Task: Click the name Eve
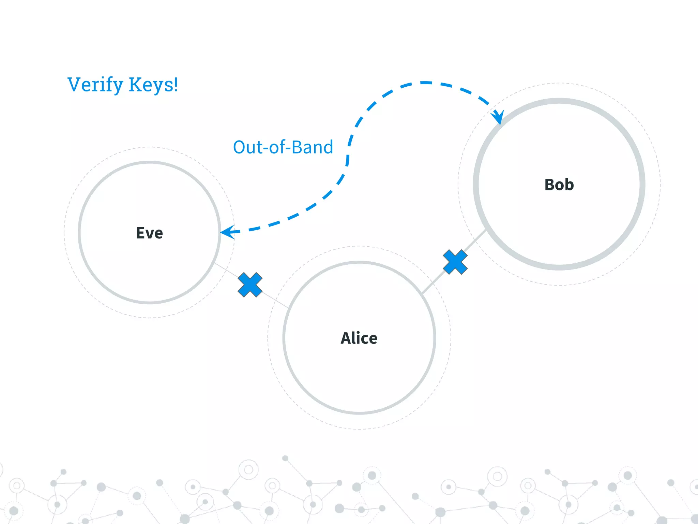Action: click(149, 233)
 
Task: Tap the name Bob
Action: click(559, 185)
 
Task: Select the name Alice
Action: click(359, 338)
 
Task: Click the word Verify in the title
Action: click(95, 85)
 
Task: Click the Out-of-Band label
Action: click(283, 147)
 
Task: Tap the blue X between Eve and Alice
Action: click(250, 285)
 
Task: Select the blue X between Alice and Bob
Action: click(455, 262)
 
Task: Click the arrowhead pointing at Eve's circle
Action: click(227, 232)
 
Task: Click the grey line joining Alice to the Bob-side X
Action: click(433, 283)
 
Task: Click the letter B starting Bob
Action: click(550, 185)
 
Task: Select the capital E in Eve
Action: click(140, 233)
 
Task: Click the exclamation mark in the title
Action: click(176, 84)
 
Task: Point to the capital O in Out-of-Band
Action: click(240, 147)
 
